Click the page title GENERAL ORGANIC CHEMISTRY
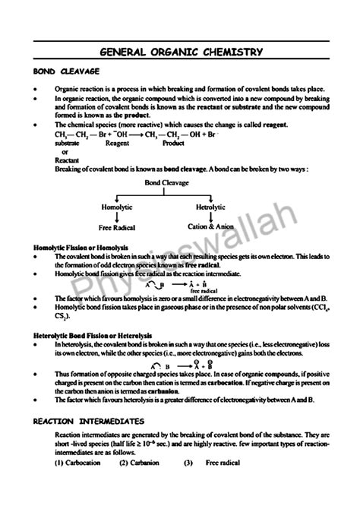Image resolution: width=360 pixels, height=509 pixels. point(182,52)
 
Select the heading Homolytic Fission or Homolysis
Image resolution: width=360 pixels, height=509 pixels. point(81,248)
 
